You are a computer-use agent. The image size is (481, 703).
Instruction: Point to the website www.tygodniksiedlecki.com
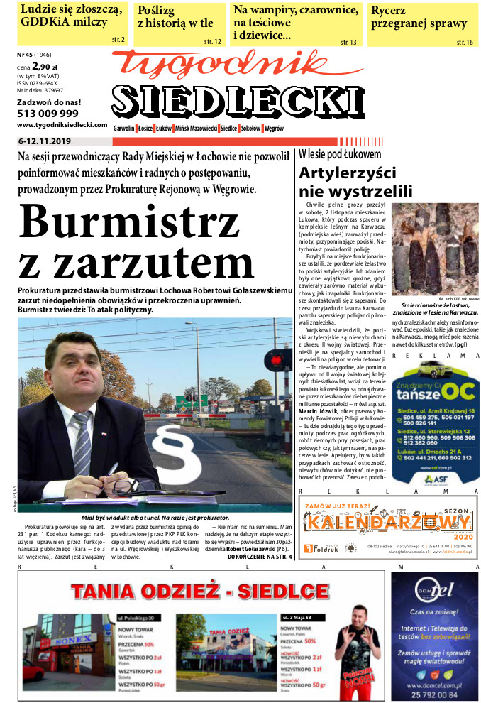56,124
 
